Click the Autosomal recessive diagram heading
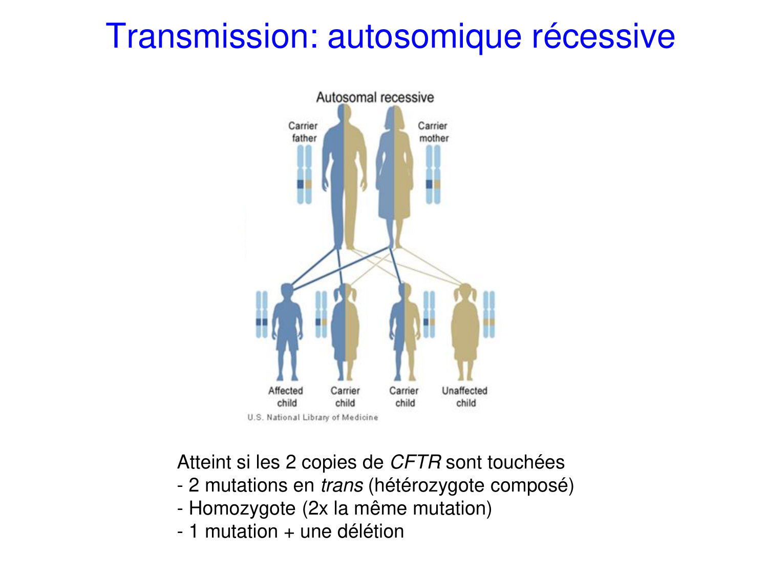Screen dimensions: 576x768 click(375, 97)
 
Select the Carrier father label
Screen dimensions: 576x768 click(303, 132)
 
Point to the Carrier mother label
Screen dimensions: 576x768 click(433, 132)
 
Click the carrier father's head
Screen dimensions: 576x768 click(344, 114)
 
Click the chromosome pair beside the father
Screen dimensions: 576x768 click(304, 175)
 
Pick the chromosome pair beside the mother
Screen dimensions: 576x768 click(433, 175)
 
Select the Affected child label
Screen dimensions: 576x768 click(286, 396)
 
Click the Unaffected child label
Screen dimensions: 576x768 click(465, 396)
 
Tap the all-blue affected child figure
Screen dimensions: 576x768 click(287, 333)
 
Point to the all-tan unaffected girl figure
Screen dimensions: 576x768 click(465, 333)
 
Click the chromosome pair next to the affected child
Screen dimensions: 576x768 click(262, 315)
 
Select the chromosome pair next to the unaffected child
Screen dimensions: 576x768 click(489, 315)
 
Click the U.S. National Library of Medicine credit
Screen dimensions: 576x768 click(312, 417)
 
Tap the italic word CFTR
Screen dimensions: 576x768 click(415, 462)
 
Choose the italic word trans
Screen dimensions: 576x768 click(342, 485)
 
